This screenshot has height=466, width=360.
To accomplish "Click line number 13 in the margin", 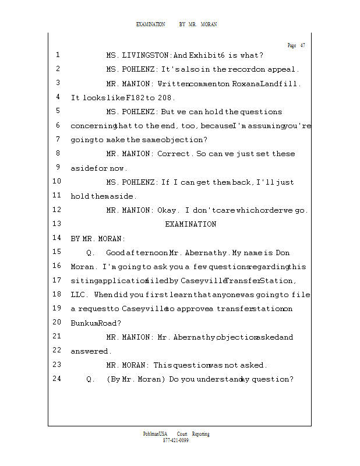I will (x=57, y=224).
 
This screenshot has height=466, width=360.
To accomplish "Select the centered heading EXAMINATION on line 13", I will (x=190, y=224).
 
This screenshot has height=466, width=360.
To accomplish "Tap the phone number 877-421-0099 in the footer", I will (x=175, y=440).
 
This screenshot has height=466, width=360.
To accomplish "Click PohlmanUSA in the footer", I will (x=156, y=434).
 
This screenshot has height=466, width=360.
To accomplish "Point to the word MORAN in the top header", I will (x=209, y=24).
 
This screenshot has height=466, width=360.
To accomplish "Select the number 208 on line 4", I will (x=166, y=98).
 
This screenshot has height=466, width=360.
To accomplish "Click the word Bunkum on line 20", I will (x=83, y=323).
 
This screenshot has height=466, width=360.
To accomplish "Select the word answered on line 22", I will (x=90, y=351).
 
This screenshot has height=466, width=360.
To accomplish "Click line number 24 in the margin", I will (x=57, y=379).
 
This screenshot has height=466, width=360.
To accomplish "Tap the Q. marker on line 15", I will (x=91, y=253).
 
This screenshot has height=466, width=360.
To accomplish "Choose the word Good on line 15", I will (x=116, y=253).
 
